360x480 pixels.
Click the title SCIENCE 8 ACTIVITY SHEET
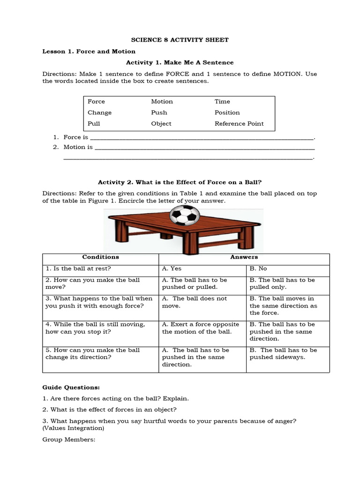click(180, 40)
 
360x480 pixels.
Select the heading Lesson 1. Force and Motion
click(89, 51)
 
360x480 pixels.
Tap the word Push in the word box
click(159, 112)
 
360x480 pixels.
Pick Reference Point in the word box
click(239, 124)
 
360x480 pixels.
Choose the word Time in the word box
click(222, 101)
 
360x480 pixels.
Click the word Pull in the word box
click(94, 124)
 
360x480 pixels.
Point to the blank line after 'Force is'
click(201, 138)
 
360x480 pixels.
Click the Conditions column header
click(100, 257)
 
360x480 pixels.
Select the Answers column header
click(244, 257)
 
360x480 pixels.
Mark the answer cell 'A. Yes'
click(172, 269)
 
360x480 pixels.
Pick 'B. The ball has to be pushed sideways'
click(283, 353)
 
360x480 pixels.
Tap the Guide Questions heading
click(71, 388)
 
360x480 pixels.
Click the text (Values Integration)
click(73, 428)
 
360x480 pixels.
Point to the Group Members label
click(69, 440)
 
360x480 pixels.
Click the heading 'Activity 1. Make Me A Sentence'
click(180, 62)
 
